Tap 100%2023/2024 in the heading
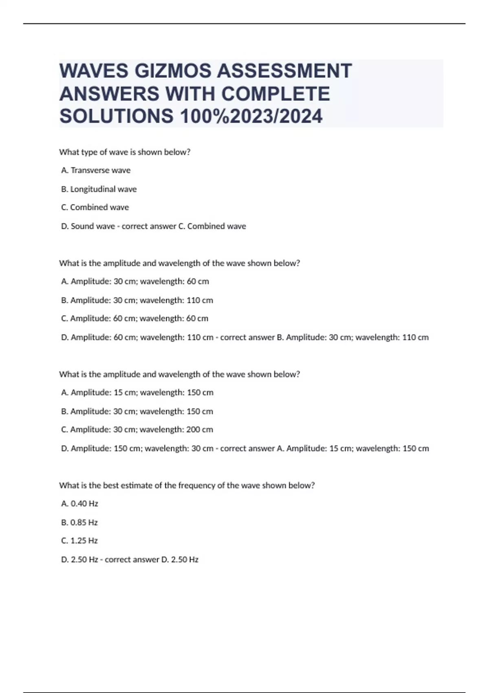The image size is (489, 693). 251,116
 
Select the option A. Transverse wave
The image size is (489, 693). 96,170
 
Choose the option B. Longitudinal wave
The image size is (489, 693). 99,189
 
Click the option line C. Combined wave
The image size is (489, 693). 95,207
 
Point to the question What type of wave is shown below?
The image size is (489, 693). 125,152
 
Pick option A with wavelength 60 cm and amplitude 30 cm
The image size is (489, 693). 135,281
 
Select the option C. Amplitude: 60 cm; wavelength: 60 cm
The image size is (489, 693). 134,318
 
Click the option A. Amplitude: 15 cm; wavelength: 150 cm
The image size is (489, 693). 137,393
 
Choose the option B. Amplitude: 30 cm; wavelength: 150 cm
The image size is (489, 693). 137,411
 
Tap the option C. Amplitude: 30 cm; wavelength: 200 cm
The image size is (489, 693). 137,430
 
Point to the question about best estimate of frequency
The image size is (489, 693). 187,486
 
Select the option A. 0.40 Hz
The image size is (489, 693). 79,504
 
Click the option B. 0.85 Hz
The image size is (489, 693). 79,523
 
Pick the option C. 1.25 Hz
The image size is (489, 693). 79,541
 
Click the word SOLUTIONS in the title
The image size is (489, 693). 117,116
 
